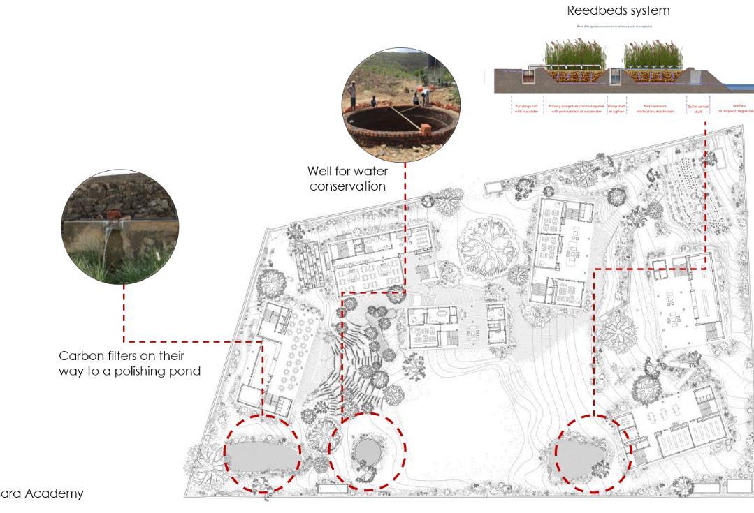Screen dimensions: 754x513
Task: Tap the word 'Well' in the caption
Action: click(x=322, y=171)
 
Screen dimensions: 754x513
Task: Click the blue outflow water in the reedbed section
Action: click(x=745, y=87)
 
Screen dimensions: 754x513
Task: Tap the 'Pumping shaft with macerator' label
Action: click(x=528, y=109)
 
